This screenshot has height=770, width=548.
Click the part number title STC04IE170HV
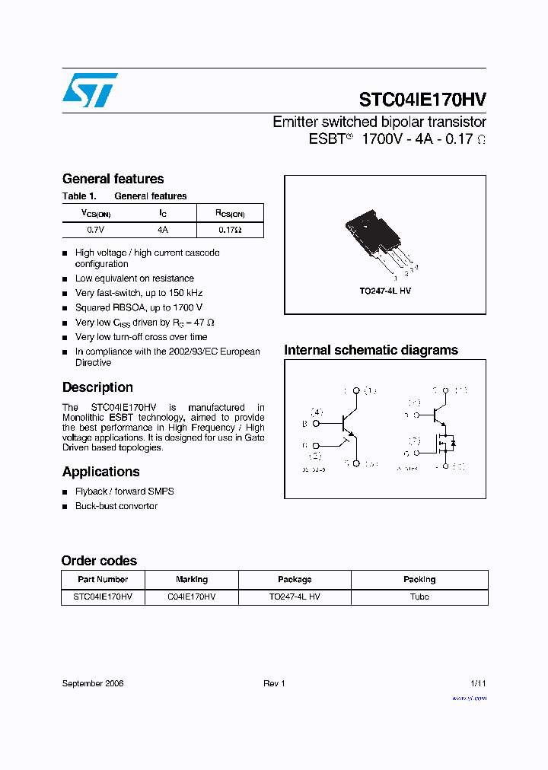[422, 100]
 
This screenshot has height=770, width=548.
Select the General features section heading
[113, 179]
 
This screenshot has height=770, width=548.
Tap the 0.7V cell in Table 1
[95, 229]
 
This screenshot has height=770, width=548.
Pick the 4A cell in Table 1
[163, 229]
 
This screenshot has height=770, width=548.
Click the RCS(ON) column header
[230, 214]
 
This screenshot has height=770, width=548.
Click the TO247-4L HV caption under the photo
[385, 291]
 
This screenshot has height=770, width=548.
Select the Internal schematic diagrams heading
[371, 350]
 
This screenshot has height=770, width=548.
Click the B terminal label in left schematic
[304, 424]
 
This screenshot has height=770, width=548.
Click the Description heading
[97, 387]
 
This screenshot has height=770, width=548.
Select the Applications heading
[100, 472]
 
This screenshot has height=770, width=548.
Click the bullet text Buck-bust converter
[116, 506]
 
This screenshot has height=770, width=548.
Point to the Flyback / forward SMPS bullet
[124, 492]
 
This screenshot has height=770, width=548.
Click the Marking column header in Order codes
[191, 579]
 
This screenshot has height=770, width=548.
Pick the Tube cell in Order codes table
[419, 597]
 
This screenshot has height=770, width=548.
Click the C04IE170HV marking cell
[191, 597]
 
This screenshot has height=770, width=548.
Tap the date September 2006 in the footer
[92, 683]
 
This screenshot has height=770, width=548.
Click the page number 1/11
[478, 683]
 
